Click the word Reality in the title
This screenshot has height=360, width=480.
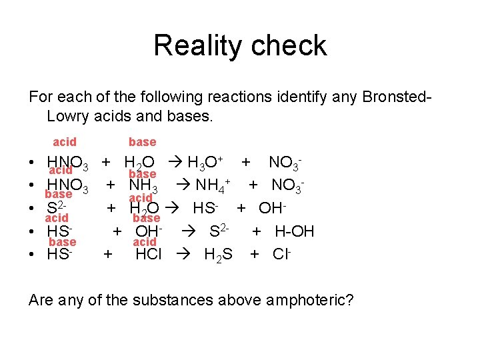(x=193, y=46)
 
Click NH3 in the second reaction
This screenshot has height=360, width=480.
(x=143, y=184)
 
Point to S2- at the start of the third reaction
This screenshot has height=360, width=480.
(x=59, y=208)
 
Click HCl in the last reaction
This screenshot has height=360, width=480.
(x=148, y=254)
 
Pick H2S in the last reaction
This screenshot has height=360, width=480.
(x=218, y=255)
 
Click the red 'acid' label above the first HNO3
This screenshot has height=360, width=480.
(x=65, y=142)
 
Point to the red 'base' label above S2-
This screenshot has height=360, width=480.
(x=58, y=194)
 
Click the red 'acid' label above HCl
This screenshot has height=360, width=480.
(x=145, y=242)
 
